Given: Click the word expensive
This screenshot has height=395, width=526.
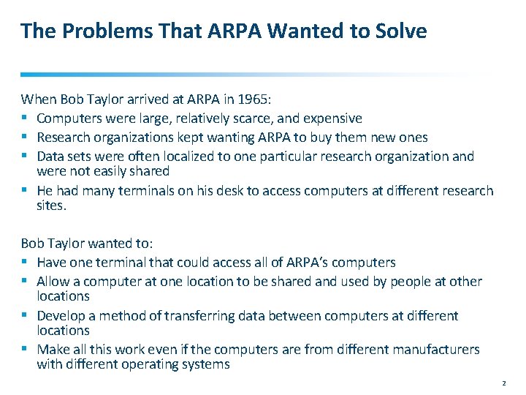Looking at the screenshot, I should tap(332, 118).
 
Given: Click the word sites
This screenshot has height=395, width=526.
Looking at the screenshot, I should tap(51, 206).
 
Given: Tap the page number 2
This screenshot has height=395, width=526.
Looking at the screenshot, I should tap(504, 383).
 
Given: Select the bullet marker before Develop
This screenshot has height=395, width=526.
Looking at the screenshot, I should tap(26, 316).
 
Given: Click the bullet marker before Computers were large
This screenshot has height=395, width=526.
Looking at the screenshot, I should tap(26, 118).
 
